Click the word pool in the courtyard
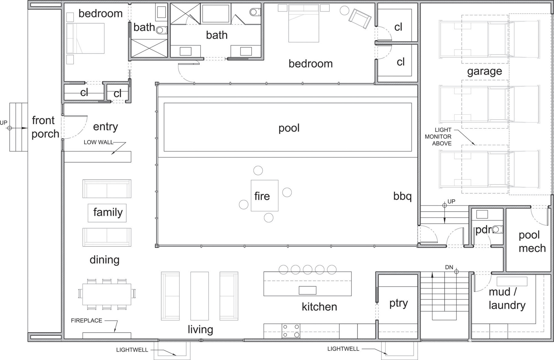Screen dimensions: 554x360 click(x=289, y=128)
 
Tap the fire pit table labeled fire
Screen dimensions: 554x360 click(x=265, y=196)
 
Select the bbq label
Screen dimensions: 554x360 click(x=402, y=196)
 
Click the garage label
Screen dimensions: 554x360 click(x=484, y=71)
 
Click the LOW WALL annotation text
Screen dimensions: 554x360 click(x=98, y=142)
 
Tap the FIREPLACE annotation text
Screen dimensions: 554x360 click(x=86, y=321)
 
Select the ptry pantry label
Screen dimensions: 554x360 click(x=398, y=303)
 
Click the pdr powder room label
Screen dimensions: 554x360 click(x=483, y=230)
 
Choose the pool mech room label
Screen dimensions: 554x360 click(x=532, y=241)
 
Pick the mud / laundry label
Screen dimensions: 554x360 click(x=507, y=298)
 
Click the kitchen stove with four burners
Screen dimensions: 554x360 click(x=291, y=331)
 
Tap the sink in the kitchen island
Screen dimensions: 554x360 click(x=307, y=290)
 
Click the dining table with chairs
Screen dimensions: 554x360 click(x=107, y=294)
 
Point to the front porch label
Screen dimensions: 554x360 click(x=45, y=127)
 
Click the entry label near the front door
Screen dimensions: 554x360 click(x=105, y=127)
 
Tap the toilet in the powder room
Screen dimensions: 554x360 click(x=497, y=230)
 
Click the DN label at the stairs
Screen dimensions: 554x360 click(x=449, y=267)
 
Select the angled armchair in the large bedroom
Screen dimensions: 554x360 click(x=359, y=19)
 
